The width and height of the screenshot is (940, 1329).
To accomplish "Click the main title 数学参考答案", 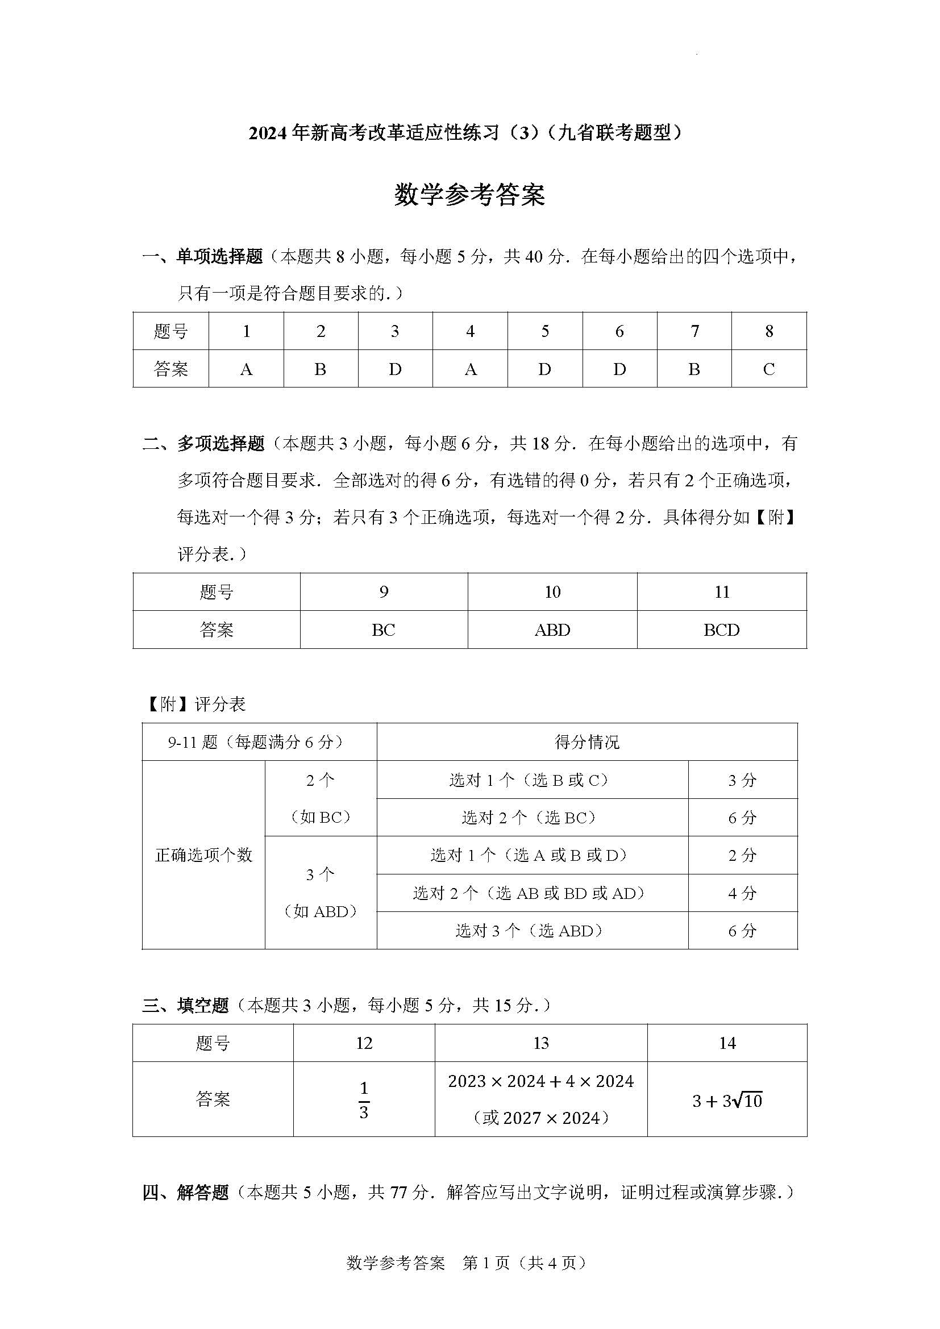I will (x=469, y=195).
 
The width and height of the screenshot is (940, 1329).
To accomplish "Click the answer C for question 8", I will (x=769, y=369).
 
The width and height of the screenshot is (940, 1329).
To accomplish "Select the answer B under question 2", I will (x=320, y=369).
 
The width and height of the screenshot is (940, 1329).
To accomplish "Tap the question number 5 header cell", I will (x=544, y=331).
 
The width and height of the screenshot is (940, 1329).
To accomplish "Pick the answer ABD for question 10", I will (x=552, y=630).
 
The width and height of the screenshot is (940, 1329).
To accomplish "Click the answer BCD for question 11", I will (x=721, y=630).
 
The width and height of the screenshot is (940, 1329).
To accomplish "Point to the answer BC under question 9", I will (x=383, y=630).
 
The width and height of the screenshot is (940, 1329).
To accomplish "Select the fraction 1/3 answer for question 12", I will (x=364, y=1100).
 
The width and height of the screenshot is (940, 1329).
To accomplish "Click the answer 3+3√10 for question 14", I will (x=727, y=1101).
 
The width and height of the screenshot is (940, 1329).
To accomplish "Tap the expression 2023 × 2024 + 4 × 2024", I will (x=540, y=1081).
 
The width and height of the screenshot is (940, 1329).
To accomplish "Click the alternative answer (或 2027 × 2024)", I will (x=540, y=1118).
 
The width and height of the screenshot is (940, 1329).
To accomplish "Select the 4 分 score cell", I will (x=742, y=893).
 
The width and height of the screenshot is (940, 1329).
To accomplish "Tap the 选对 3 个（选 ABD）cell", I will (x=532, y=931).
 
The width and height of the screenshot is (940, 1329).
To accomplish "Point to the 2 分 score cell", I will (x=742, y=856).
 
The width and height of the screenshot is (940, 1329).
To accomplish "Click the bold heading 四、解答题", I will (x=186, y=1193).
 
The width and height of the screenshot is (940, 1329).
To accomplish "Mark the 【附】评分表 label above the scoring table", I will (x=194, y=704).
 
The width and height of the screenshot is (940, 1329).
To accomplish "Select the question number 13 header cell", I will (x=540, y=1043).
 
